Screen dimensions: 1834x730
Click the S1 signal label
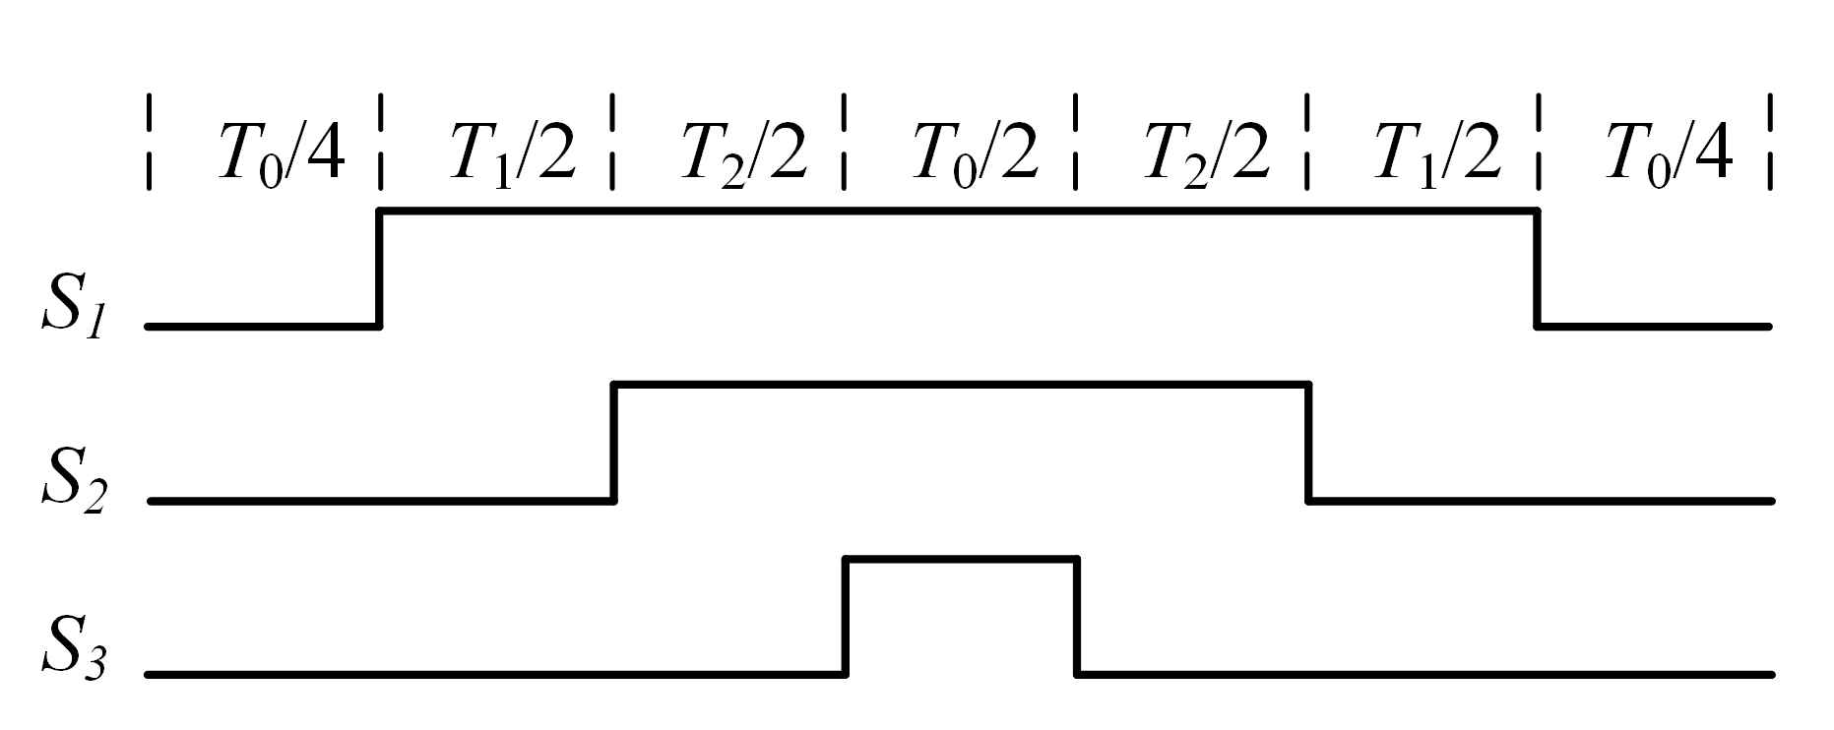tap(71, 312)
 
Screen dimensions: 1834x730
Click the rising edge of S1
tap(380, 268)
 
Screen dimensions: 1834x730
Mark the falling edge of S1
tap(1536, 268)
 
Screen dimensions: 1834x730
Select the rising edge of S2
tap(613, 443)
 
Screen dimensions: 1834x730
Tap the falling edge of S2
tap(1307, 443)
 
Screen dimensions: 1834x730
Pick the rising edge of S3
tap(845, 617)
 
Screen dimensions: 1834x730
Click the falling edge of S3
tap(1076, 617)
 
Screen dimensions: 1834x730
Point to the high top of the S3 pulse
tap(960, 560)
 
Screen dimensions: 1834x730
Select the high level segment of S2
tap(960, 385)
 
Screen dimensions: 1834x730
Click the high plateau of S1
tap(960, 210)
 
